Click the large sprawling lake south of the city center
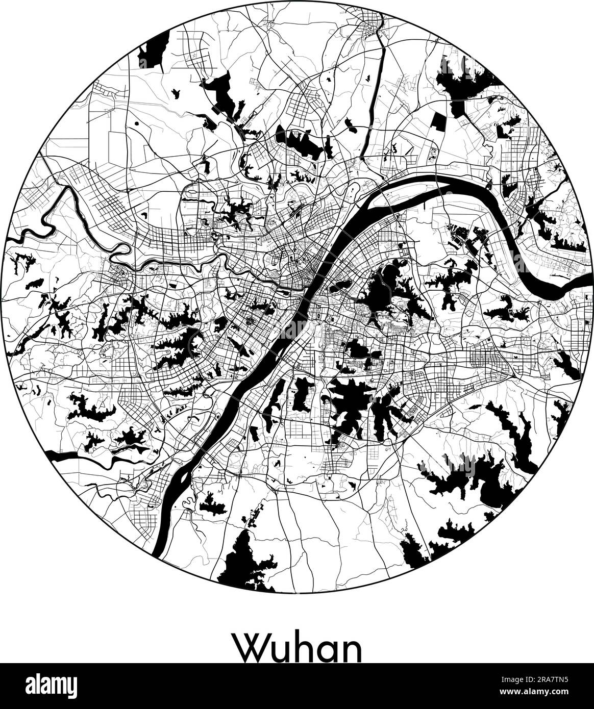click(x=352, y=403)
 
